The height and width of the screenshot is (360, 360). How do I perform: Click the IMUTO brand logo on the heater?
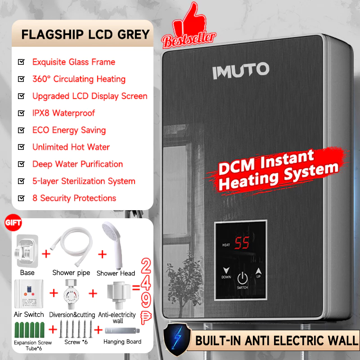click(x=241, y=71)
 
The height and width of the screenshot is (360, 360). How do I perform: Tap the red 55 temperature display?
click(x=242, y=243)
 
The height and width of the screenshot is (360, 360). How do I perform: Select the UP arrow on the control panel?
click(x=258, y=271)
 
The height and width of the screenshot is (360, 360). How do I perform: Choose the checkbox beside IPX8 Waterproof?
click(x=21, y=113)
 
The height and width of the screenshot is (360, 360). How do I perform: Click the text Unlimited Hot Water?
click(x=71, y=147)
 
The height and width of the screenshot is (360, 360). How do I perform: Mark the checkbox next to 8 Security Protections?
click(x=21, y=198)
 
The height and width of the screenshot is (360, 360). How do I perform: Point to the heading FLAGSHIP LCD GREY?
click(x=85, y=35)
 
